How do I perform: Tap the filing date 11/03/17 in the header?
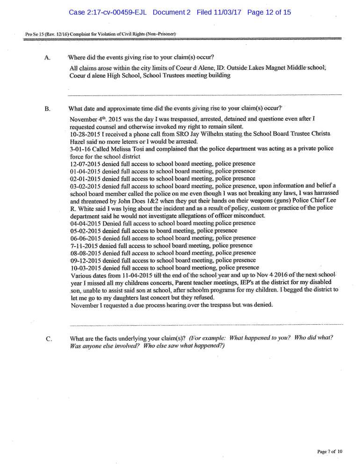(x=226, y=12)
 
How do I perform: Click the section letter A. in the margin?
(x=47, y=58)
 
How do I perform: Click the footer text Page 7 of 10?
(x=330, y=451)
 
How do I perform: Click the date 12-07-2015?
(x=85, y=163)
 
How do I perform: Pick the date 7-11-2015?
(x=83, y=245)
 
